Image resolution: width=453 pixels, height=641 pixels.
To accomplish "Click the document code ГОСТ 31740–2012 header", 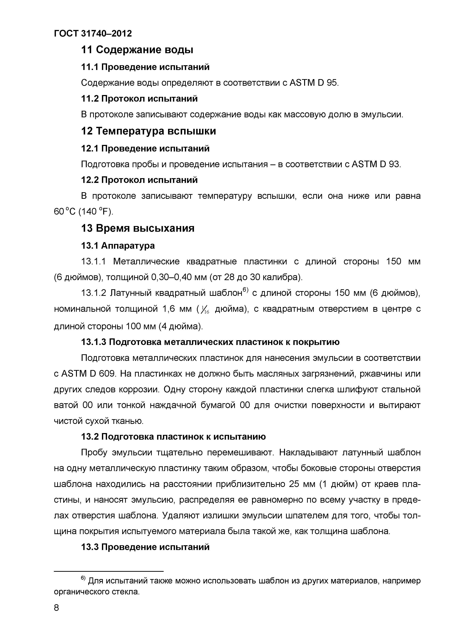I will pos(93,33).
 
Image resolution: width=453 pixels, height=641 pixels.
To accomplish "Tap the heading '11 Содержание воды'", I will pos(137,50).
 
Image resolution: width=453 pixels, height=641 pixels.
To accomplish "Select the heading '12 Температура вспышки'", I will pos(149,131).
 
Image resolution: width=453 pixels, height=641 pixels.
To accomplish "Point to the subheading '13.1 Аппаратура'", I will pos(118,246).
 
